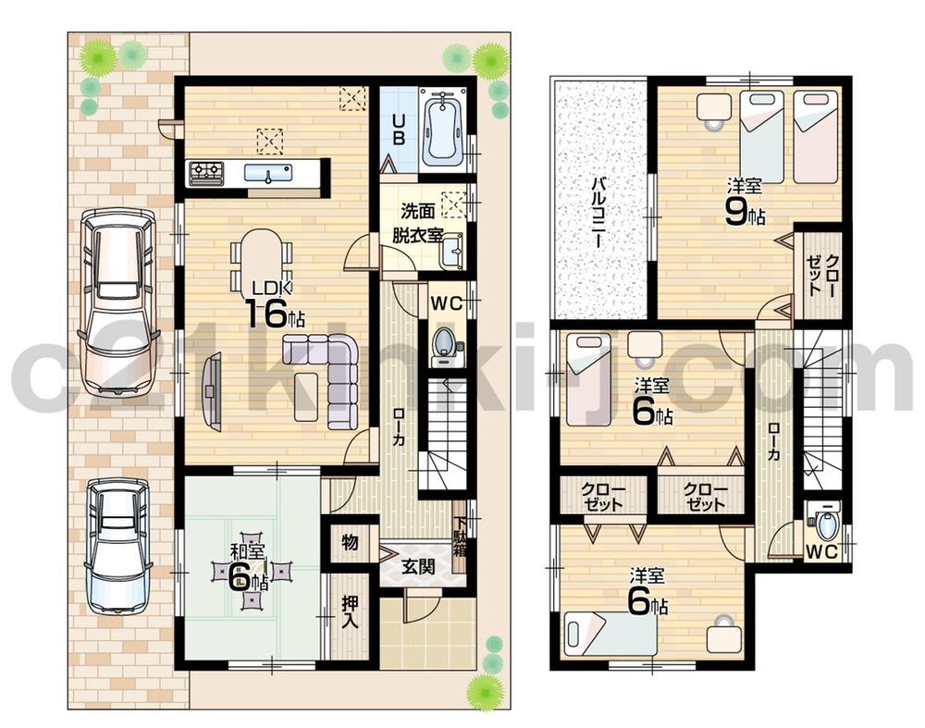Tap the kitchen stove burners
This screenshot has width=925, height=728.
[206, 171]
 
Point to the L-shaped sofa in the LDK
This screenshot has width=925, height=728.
[327, 376]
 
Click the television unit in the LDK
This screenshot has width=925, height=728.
[212, 393]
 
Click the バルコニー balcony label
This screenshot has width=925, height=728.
[598, 214]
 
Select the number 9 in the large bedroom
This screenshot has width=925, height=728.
[735, 214]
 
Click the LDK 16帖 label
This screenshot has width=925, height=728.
[268, 305]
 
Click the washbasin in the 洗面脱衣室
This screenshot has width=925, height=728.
[451, 251]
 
